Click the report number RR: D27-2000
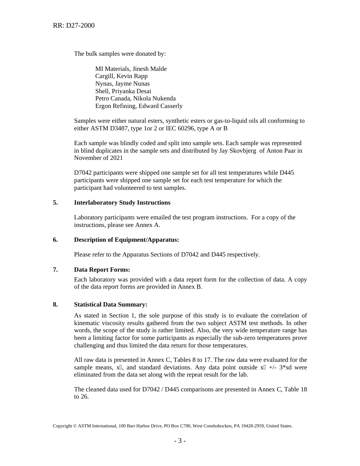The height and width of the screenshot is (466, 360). tap(74, 26)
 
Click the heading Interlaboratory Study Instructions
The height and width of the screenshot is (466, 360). tap(122, 203)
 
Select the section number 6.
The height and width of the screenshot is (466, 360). tap(55, 240)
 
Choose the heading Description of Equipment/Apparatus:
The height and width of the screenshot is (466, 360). tap(127, 240)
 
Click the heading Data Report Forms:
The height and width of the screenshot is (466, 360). tap(102, 270)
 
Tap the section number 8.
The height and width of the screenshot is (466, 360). tap(55, 305)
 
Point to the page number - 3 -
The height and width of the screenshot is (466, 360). tap(180, 441)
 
